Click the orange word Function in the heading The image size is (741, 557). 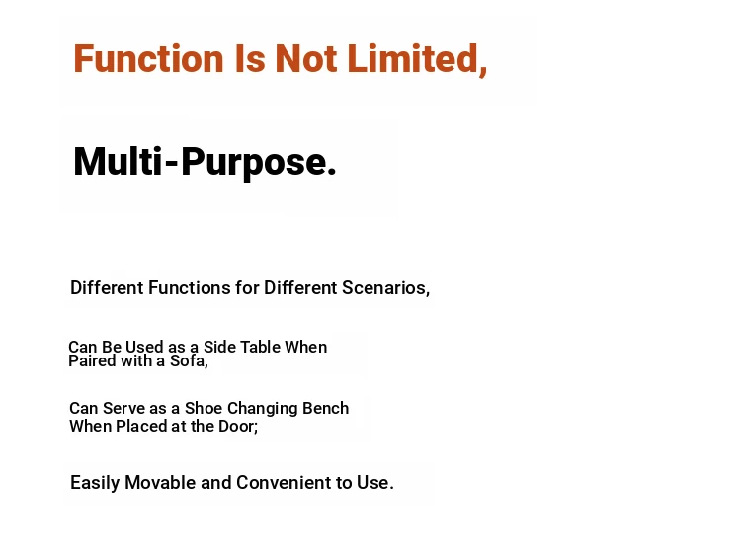(148, 58)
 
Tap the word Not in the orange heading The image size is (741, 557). (306, 58)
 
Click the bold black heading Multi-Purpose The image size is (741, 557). (205, 163)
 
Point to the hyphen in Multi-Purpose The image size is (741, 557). (172, 164)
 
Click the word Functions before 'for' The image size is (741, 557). (190, 287)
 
